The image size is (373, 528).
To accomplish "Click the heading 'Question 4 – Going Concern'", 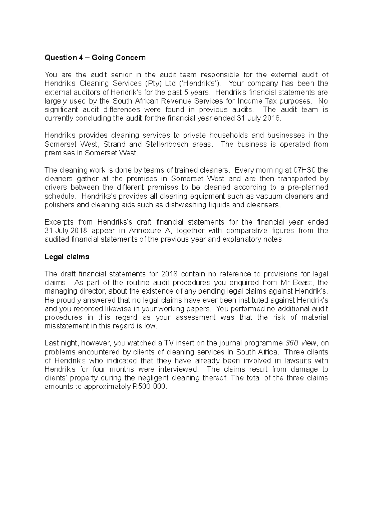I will (x=95, y=58).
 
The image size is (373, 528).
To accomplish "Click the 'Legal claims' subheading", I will (x=67, y=257).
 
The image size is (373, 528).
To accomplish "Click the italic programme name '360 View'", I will (x=301, y=343).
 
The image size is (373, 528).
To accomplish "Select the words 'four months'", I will (x=113, y=369).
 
